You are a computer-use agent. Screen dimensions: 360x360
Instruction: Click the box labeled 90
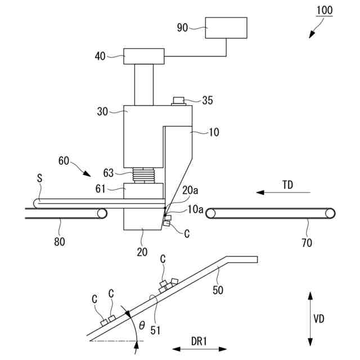click(x=226, y=28)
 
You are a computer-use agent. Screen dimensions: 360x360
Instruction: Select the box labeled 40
click(x=143, y=56)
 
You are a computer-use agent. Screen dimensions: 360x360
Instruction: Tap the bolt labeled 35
click(x=179, y=101)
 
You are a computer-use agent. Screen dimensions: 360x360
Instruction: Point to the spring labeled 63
click(x=144, y=176)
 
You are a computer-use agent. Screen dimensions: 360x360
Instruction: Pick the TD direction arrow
click(x=276, y=192)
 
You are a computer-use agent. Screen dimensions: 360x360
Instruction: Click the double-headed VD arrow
click(x=310, y=318)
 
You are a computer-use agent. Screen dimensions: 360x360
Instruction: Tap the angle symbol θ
click(x=141, y=325)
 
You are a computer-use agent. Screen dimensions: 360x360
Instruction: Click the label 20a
click(x=190, y=191)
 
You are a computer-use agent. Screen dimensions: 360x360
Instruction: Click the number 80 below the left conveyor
click(x=60, y=242)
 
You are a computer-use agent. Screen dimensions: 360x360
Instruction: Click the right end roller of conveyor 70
click(x=330, y=214)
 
